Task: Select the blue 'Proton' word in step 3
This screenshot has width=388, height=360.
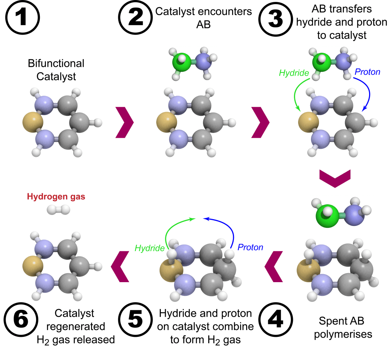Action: tap(367, 72)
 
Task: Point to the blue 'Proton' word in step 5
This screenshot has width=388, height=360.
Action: tap(250, 248)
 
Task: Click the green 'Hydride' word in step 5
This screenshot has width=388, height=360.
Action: tap(149, 248)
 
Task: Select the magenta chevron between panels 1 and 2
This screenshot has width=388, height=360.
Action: tap(124, 122)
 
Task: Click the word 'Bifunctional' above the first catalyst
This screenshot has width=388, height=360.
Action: tap(56, 63)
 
